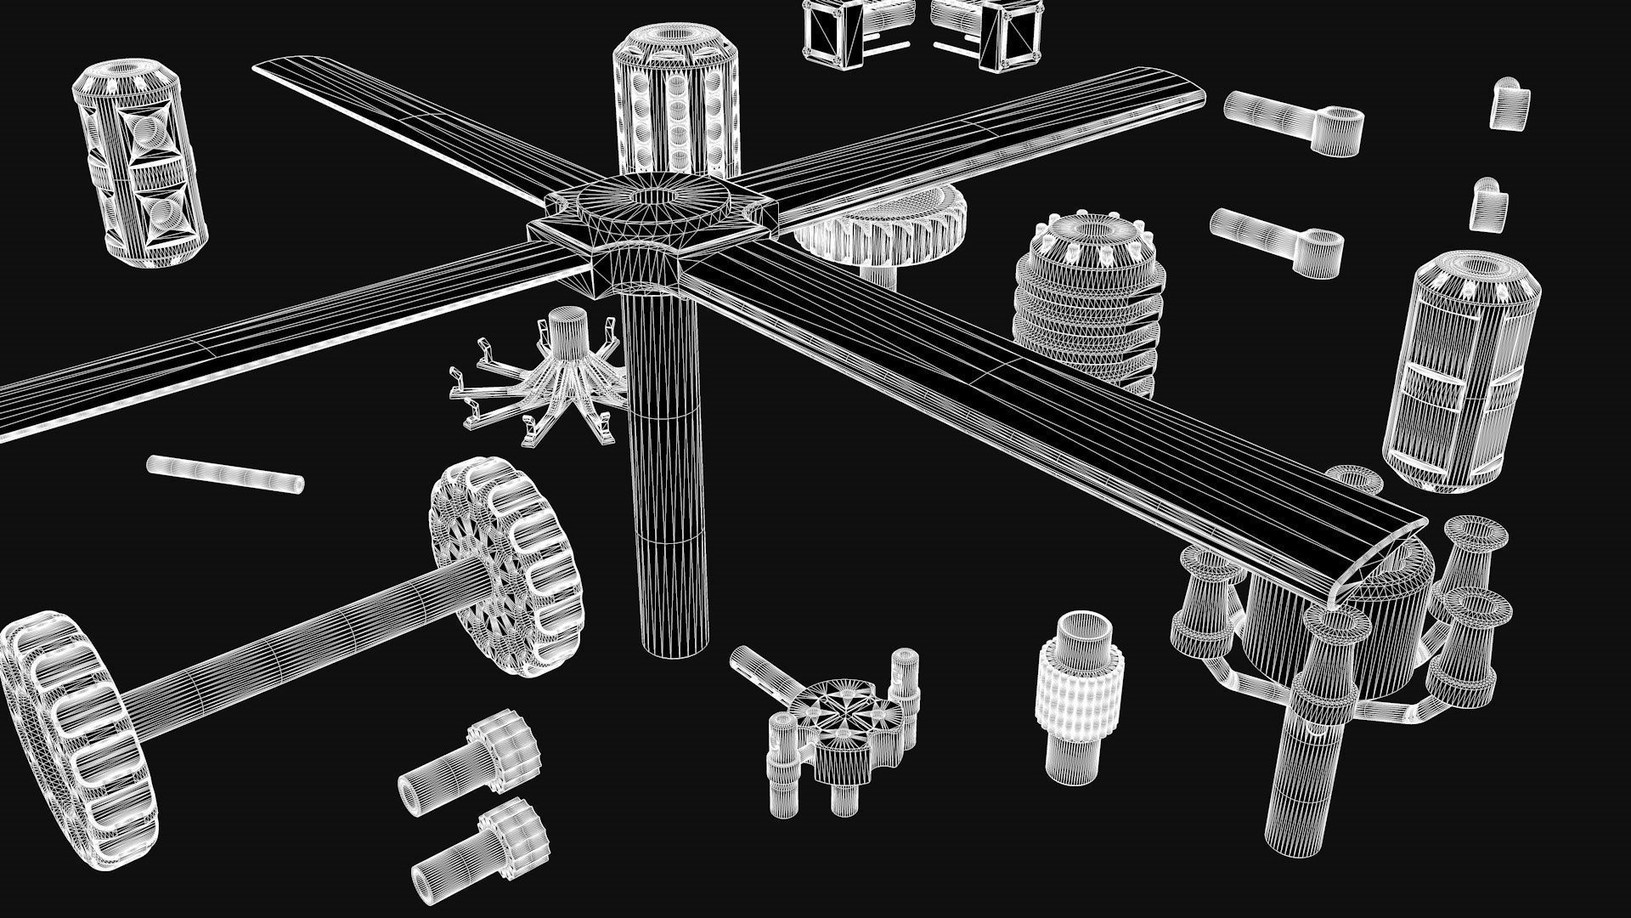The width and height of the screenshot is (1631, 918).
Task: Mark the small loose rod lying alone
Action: [x=224, y=473]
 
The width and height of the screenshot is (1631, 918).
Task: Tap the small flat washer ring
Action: [x=1355, y=479]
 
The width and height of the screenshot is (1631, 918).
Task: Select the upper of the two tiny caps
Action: [x=1510, y=104]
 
